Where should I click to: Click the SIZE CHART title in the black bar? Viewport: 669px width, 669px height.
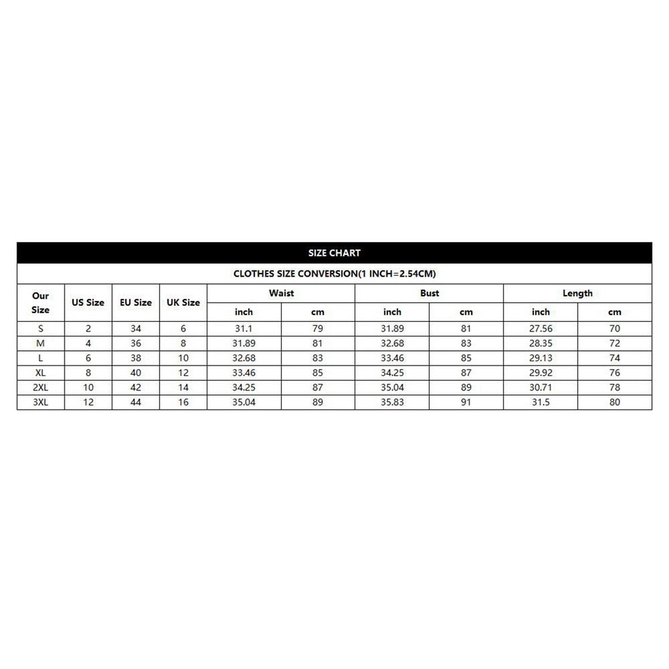(334, 253)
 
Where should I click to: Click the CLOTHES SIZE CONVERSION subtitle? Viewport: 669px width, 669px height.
(334, 274)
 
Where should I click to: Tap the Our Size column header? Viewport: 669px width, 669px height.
(41, 302)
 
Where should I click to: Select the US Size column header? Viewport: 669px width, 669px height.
(88, 302)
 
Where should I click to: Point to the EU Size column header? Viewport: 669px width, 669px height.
(136, 302)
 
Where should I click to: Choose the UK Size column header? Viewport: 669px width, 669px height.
(183, 302)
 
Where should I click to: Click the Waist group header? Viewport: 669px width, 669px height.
(281, 293)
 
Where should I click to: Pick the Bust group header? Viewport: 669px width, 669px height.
(429, 293)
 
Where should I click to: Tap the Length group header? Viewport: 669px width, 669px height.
(577, 293)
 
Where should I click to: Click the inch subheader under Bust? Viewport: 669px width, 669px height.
(392, 312)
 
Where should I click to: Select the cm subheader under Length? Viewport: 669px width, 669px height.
(615, 312)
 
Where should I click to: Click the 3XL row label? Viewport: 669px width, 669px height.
(41, 402)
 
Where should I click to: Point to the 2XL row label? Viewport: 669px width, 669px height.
(41, 387)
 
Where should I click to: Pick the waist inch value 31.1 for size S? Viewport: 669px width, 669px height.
(244, 328)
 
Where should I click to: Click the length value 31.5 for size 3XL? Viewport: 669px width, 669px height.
(541, 402)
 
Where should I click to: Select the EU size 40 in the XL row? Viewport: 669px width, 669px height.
(136, 373)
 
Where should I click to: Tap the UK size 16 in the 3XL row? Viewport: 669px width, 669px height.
(183, 402)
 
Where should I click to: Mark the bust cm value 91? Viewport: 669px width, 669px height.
(466, 402)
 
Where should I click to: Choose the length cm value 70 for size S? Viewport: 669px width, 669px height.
(615, 328)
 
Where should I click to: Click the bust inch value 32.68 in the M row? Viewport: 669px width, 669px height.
(392, 343)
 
